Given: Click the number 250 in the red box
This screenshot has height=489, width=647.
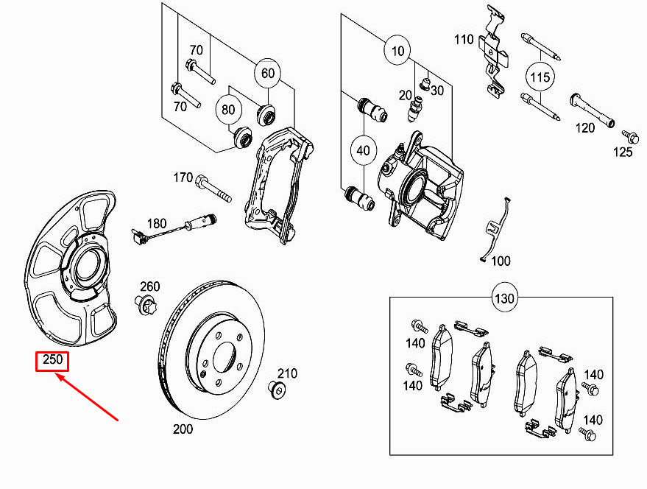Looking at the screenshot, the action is pyautogui.click(x=52, y=359).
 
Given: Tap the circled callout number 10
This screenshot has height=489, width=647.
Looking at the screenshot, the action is pyautogui.click(x=397, y=51).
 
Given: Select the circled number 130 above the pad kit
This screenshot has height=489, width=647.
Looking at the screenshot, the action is pyautogui.click(x=504, y=298).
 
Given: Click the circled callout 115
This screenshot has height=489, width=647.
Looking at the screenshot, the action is pyautogui.click(x=540, y=77).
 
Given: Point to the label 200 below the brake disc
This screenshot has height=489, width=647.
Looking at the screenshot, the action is pyautogui.click(x=183, y=429).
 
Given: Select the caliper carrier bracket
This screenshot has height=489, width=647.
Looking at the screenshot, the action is pyautogui.click(x=279, y=185).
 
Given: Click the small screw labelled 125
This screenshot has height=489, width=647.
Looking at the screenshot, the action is pyautogui.click(x=631, y=137).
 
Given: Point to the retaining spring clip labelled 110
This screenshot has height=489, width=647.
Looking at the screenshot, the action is pyautogui.click(x=495, y=52).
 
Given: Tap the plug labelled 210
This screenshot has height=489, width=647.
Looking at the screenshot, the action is pyautogui.click(x=277, y=390).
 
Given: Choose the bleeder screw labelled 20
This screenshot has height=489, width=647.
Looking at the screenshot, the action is pyautogui.click(x=415, y=108).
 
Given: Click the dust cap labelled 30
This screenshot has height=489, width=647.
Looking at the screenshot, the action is pyautogui.click(x=425, y=84).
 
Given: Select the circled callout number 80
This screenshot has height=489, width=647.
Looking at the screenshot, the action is pyautogui.click(x=227, y=110).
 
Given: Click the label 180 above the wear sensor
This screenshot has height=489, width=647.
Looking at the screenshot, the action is pyautogui.click(x=157, y=223).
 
